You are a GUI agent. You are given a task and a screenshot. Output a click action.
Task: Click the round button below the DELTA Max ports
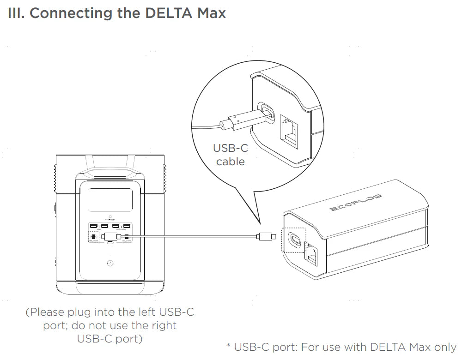[110, 264]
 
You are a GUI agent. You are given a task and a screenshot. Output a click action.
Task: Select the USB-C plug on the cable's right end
[267, 237]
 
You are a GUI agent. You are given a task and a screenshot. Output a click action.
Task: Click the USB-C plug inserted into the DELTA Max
[110, 237]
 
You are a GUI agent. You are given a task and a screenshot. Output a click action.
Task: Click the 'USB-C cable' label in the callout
[230, 155]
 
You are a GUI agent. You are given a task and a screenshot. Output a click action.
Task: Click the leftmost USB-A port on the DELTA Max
[94, 226]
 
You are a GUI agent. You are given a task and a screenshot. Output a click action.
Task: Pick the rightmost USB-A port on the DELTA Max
[127, 226]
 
